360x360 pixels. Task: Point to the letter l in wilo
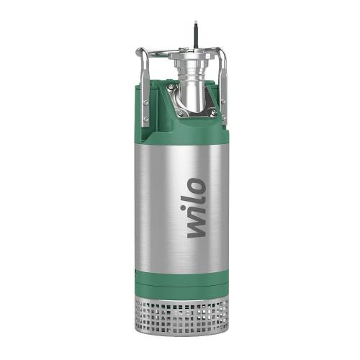pos(194,202)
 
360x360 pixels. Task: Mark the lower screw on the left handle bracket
pos(145,120)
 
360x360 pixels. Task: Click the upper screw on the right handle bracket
pos(222,100)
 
